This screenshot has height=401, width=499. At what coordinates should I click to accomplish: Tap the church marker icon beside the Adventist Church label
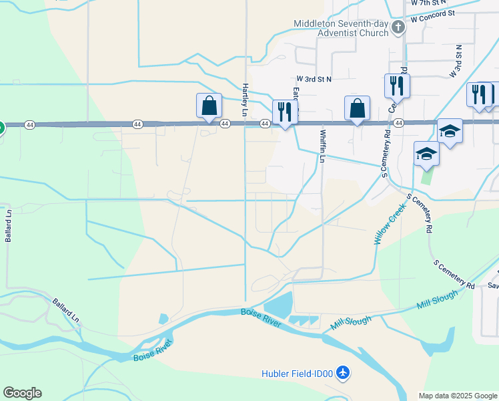pyautogui.click(x=398, y=28)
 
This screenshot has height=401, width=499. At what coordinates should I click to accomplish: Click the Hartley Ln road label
pyautogui.click(x=245, y=100)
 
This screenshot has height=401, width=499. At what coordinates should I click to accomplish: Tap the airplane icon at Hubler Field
pyautogui.click(x=343, y=372)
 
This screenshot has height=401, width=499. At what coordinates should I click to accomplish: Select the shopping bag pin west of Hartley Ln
pyautogui.click(x=209, y=106)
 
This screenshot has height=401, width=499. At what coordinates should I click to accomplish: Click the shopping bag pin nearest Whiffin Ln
pyautogui.click(x=357, y=109)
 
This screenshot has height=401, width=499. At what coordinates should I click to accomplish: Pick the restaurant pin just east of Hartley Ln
pyautogui.click(x=285, y=113)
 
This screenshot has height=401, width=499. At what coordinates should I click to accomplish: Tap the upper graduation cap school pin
pyautogui.click(x=450, y=132)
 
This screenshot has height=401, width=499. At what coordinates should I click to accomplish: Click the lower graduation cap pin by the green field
pyautogui.click(x=426, y=154)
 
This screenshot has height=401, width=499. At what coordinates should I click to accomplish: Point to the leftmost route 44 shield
pyautogui.click(x=29, y=124)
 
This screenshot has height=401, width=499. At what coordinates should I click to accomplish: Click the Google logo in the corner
pyautogui.click(x=22, y=393)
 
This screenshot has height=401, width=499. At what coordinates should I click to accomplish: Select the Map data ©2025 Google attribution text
pyautogui.click(x=457, y=396)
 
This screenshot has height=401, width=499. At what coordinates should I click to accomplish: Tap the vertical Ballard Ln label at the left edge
pyautogui.click(x=9, y=226)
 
